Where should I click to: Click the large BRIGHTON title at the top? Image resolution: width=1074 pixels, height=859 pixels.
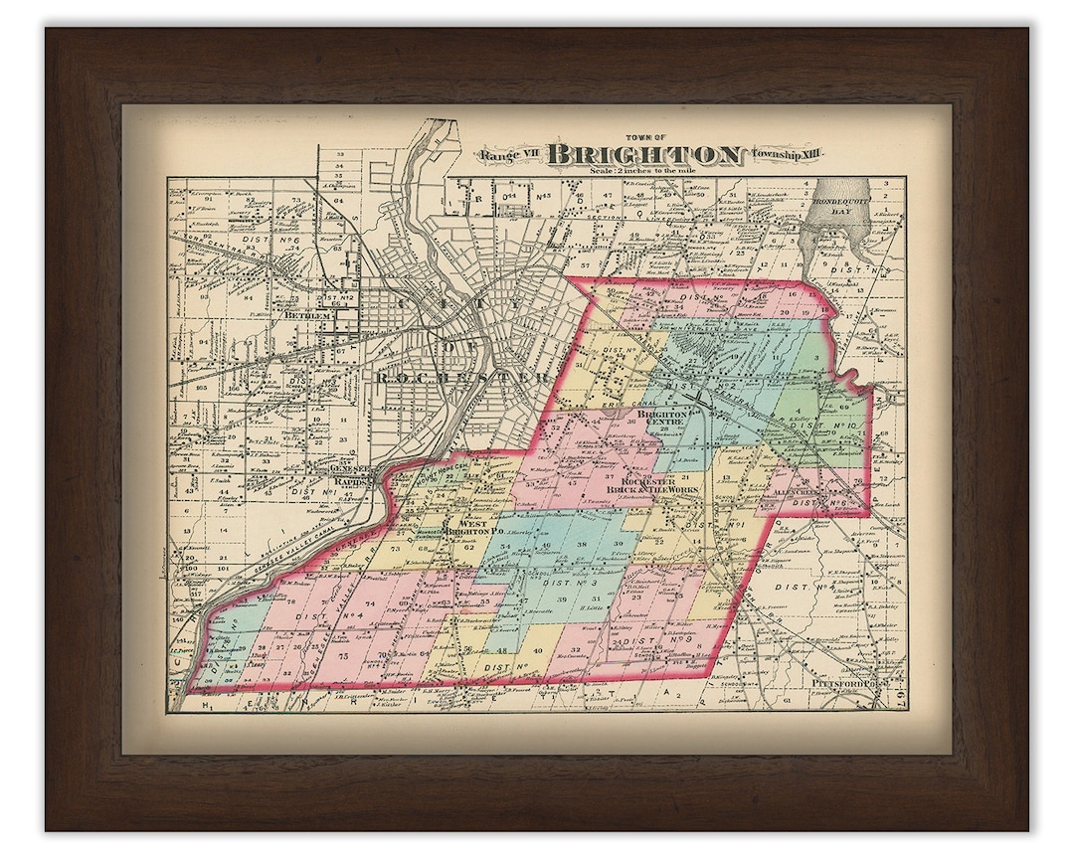(645, 154)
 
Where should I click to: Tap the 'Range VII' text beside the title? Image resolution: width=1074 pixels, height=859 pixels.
(510, 154)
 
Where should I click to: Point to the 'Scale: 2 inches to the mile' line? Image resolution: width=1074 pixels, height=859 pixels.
(646, 170)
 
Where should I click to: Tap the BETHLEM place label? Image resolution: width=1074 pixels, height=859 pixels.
(304, 315)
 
